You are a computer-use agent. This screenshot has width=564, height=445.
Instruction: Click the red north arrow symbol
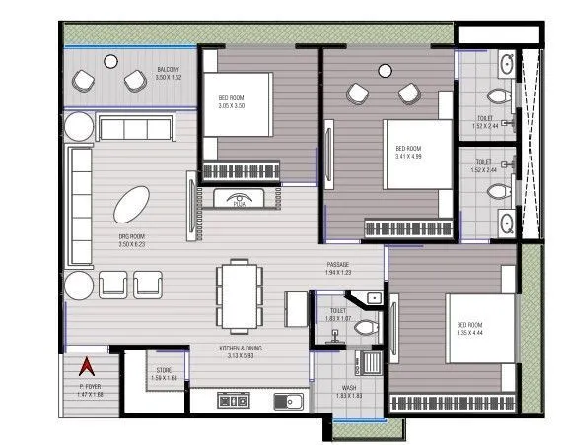point(86,367)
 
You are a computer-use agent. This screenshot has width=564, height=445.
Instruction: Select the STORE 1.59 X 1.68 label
point(165,375)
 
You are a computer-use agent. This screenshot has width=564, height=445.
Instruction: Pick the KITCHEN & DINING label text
point(241,351)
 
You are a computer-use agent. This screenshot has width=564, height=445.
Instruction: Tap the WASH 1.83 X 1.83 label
point(348,392)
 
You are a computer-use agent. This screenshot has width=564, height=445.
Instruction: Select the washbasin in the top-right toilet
point(505,67)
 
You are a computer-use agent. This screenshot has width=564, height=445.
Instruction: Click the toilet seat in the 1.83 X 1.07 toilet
point(366,326)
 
